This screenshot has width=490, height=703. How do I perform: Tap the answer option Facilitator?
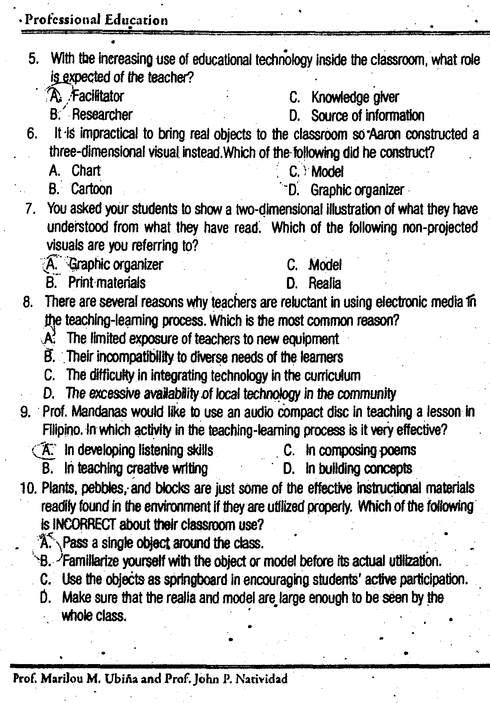[97, 96]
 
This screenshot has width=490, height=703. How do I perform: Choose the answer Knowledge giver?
[355, 98]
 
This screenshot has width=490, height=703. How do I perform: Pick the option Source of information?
[367, 116]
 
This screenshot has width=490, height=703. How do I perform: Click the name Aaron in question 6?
[386, 134]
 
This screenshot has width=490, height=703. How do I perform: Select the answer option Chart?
[86, 170]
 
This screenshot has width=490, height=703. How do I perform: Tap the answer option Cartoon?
[91, 189]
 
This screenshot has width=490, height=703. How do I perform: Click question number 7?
[31, 209]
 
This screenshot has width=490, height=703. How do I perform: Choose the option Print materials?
[106, 282]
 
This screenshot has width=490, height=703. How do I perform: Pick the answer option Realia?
[325, 283]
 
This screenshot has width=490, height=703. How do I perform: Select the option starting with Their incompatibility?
[204, 357]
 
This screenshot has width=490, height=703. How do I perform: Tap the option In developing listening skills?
[138, 450]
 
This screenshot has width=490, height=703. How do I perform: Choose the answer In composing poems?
[360, 450]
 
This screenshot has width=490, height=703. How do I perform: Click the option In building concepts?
[359, 468]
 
